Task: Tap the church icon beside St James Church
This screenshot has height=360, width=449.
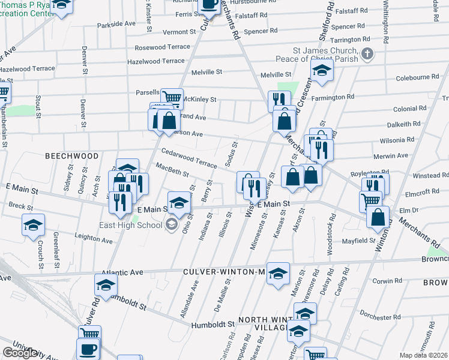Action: (367, 55)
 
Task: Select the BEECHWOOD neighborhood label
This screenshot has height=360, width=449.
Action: (72, 155)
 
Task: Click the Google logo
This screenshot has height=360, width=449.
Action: (19, 352)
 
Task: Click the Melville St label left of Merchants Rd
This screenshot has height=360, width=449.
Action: (206, 71)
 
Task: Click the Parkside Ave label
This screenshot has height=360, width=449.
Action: (116, 24)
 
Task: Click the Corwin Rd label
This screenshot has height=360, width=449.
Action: (387, 281)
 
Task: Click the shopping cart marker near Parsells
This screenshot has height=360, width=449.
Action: (172, 98)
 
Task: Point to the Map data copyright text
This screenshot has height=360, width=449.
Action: (423, 355)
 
